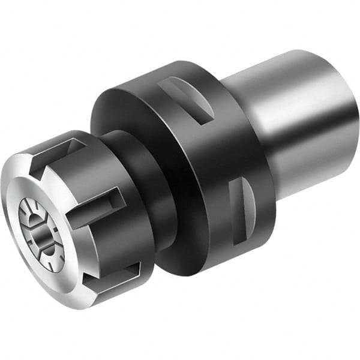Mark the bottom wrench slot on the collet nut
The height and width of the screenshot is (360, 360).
pyautogui.click(x=114, y=270)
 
